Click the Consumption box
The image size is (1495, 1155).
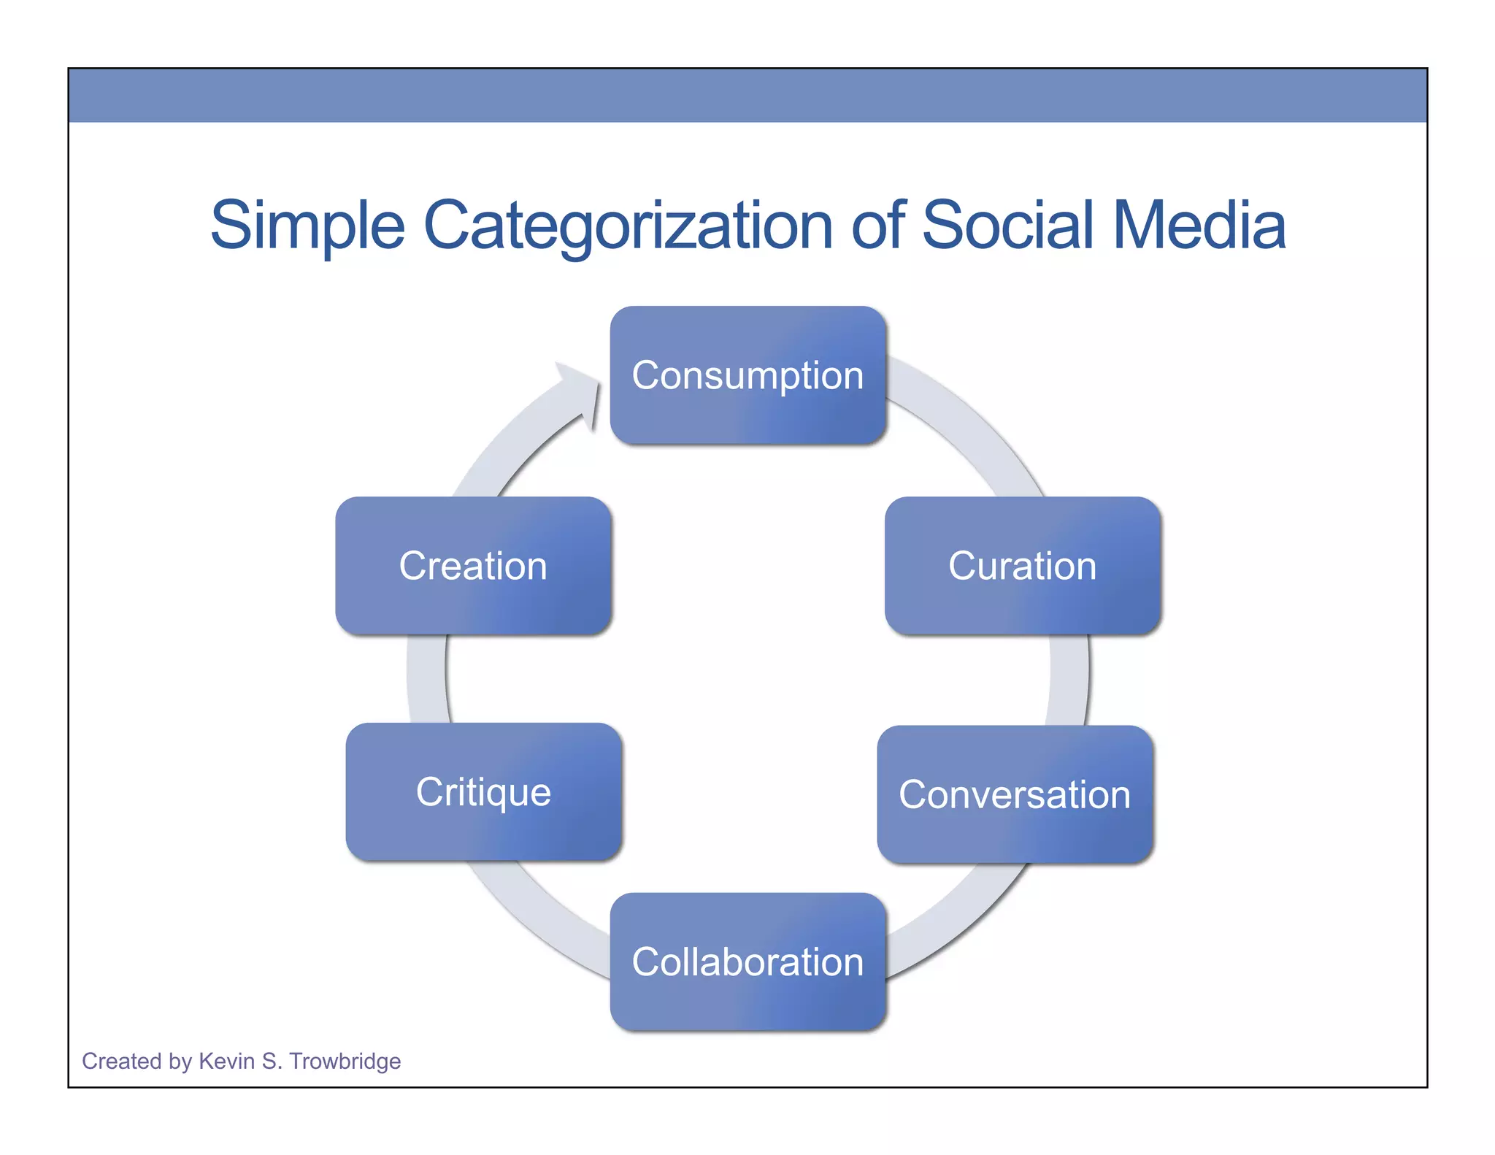tap(747, 375)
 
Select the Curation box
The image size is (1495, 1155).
tap(1022, 566)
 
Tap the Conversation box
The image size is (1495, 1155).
tap(1015, 794)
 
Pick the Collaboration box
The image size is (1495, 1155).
tap(747, 962)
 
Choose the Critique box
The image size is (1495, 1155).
tap(483, 792)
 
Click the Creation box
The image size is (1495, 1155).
tap(473, 566)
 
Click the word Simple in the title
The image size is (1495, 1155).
tap(307, 225)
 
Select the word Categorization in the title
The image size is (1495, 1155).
tap(628, 225)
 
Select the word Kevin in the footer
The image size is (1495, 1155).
tap(226, 1061)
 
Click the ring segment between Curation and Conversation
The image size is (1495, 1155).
tap(1069, 679)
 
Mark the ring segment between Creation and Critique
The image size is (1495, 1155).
tap(427, 679)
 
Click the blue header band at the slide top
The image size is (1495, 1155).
tap(747, 95)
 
